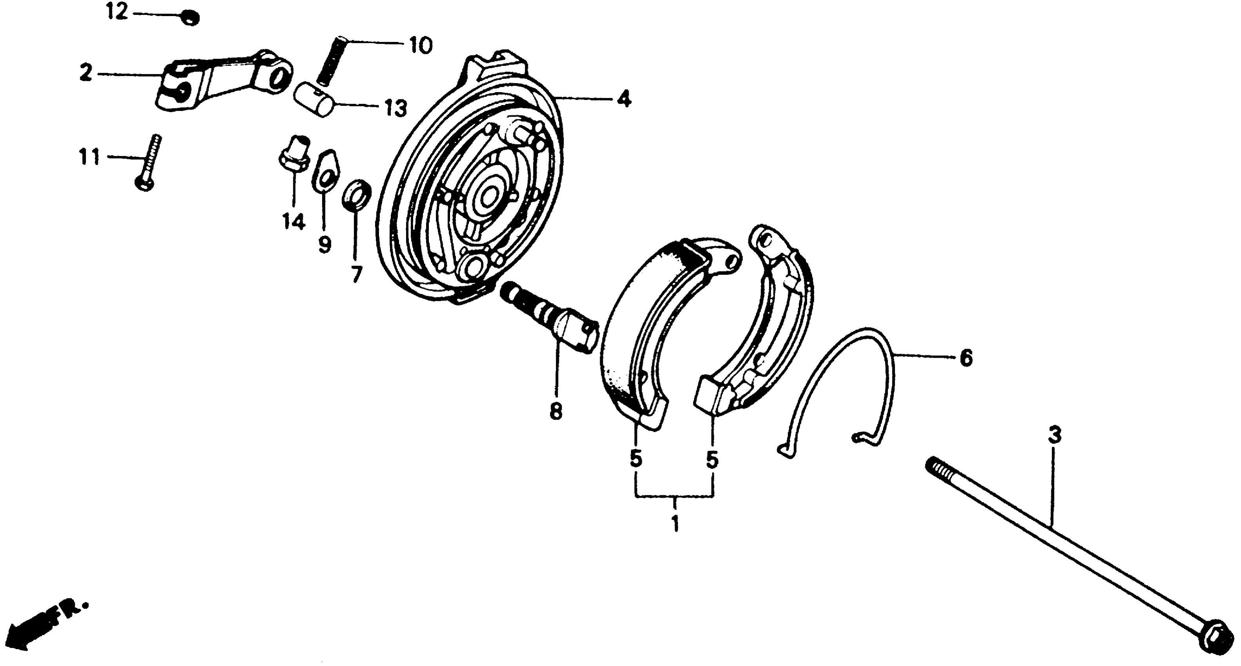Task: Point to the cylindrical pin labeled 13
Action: coord(316,98)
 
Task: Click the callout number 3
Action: coord(1054,436)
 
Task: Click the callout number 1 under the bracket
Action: coord(675,523)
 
